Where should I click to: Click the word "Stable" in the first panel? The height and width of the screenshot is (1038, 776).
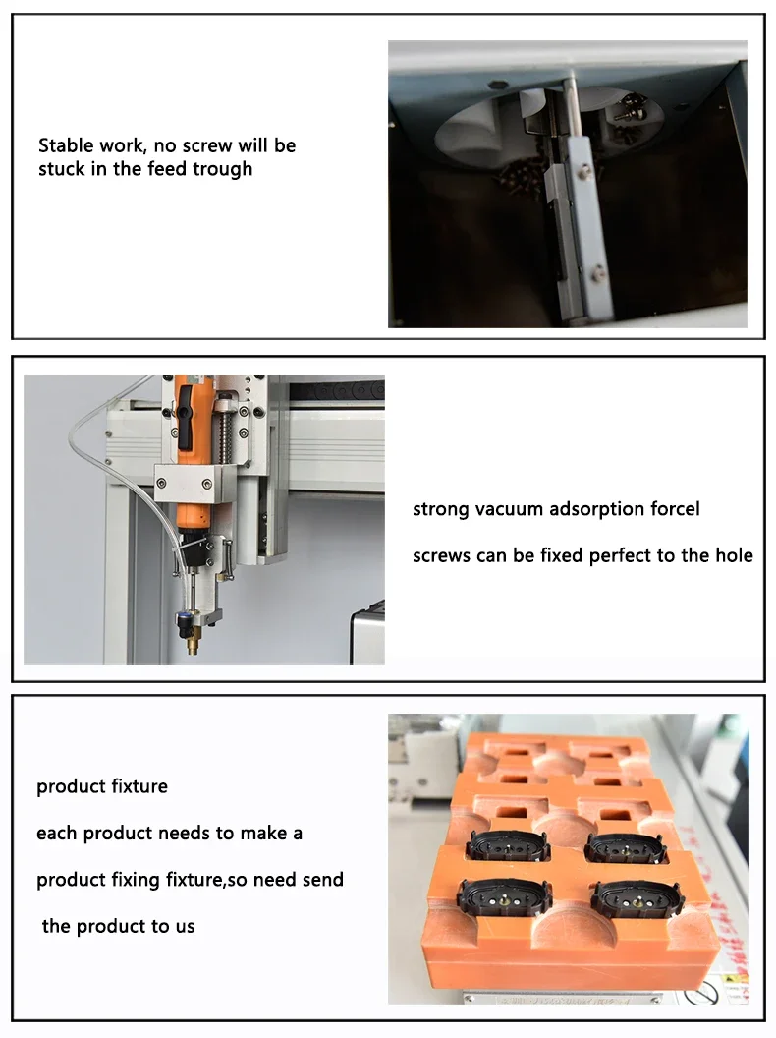(x=66, y=145)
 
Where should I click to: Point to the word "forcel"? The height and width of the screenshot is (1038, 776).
(x=675, y=509)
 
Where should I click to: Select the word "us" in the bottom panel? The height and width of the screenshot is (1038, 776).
(x=184, y=926)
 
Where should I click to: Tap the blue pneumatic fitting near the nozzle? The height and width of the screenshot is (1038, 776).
(x=184, y=619)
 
